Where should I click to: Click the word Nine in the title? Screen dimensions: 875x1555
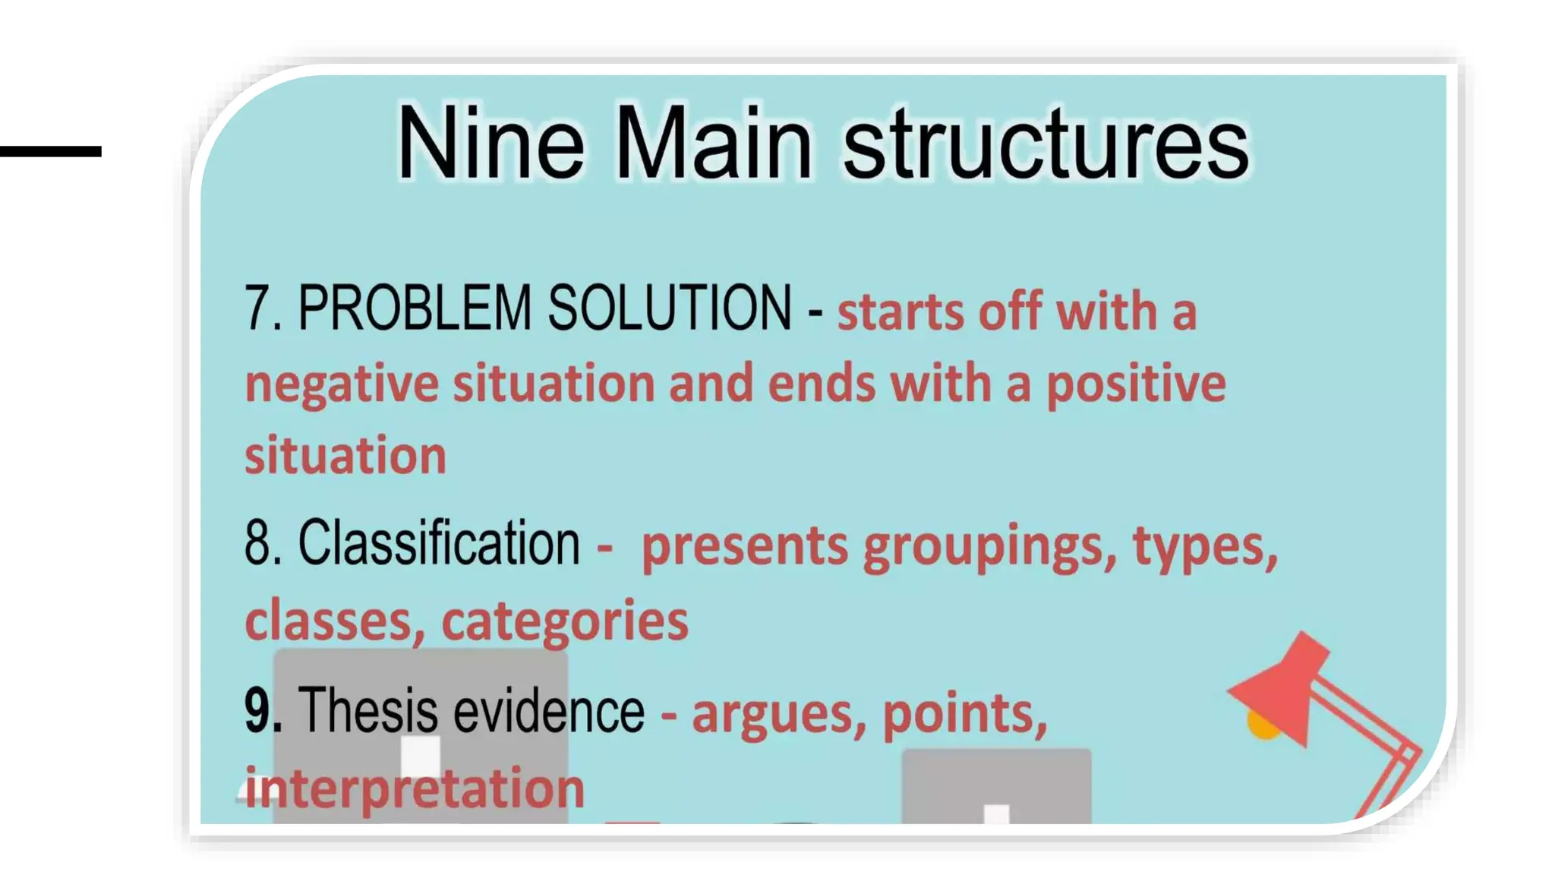(x=490, y=143)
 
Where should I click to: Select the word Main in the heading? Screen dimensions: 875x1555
(x=713, y=143)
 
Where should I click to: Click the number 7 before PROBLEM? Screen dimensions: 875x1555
(x=258, y=308)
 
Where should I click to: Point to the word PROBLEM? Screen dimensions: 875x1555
(x=414, y=308)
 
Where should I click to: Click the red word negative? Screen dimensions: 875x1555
(x=342, y=384)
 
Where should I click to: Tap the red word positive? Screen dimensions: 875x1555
(x=1136, y=384)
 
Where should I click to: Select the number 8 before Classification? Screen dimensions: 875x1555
(x=258, y=543)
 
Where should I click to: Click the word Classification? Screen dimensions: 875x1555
(x=439, y=543)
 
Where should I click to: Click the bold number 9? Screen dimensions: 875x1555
(x=258, y=710)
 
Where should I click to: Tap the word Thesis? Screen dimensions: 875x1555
(x=368, y=710)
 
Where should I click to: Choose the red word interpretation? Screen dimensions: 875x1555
(x=415, y=788)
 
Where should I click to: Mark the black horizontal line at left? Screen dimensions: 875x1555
(x=50, y=152)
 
